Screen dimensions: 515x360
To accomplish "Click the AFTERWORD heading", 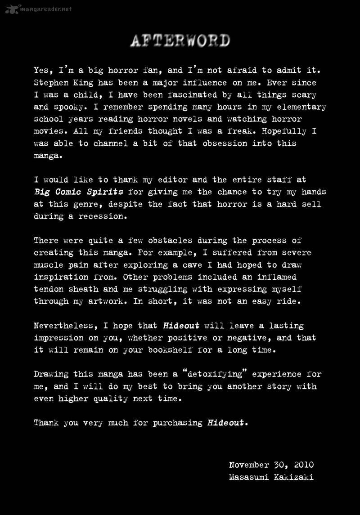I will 180,41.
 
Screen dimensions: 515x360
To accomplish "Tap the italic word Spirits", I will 106,192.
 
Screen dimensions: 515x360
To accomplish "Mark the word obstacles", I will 170,241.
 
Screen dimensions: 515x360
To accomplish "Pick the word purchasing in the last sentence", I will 177,423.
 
